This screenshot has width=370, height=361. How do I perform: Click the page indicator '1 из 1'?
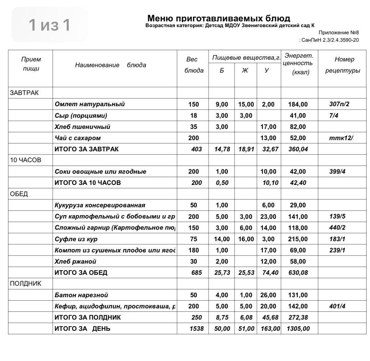tap(49, 25)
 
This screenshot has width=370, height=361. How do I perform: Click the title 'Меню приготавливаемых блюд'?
tap(219, 18)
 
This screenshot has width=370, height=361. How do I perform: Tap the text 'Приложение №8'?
tap(338, 33)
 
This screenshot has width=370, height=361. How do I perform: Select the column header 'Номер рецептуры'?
tap(343, 65)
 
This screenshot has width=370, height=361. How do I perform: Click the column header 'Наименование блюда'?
tap(110, 65)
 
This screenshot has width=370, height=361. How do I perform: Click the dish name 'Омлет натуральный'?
tap(89, 104)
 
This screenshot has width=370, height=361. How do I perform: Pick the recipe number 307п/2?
tap(339, 104)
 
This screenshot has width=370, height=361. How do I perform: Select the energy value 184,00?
tap(297, 104)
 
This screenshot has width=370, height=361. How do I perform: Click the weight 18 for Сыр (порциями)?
tap(193, 116)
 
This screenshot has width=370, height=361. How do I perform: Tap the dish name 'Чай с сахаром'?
tap(78, 138)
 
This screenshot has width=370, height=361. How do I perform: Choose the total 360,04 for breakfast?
tap(297, 149)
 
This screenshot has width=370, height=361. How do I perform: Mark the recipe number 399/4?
tap(337, 172)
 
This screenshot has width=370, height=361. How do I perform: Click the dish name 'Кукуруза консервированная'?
tap(100, 205)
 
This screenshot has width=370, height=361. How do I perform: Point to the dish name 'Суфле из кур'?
tap(76, 239)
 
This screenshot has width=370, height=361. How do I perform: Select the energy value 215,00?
tap(297, 239)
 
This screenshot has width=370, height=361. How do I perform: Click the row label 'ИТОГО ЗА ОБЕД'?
tap(81, 273)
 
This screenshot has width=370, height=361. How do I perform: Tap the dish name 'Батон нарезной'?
tap(81, 295)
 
